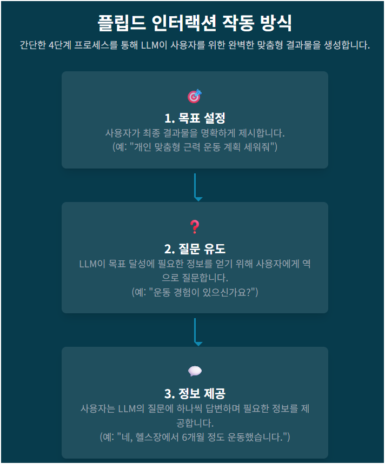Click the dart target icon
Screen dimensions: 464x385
[x=195, y=96]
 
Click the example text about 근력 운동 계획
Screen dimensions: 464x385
[x=195, y=147]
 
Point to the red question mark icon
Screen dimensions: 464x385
[x=195, y=227]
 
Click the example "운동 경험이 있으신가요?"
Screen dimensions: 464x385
[x=195, y=292]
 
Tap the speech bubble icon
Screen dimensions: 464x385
[x=195, y=371]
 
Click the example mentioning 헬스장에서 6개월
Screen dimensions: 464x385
[x=195, y=436]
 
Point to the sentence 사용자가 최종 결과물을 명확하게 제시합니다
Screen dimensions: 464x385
[x=195, y=133]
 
